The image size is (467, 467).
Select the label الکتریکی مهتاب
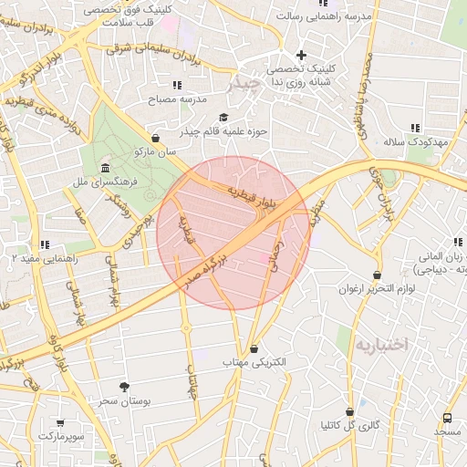pyautogui.click(x=254, y=362)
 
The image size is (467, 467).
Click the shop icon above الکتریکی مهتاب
pyautogui.click(x=254, y=348)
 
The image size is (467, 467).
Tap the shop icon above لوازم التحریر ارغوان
pyautogui.click(x=378, y=275)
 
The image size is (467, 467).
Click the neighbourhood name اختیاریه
pyautogui.click(x=384, y=344)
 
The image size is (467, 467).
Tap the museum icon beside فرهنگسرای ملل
pyautogui.click(x=106, y=169)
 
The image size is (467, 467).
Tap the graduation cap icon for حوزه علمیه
pyautogui.click(x=224, y=117)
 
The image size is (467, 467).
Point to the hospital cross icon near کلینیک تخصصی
pyautogui.click(x=301, y=55)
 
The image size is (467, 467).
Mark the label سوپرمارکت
pyautogui.click(x=61, y=437)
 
